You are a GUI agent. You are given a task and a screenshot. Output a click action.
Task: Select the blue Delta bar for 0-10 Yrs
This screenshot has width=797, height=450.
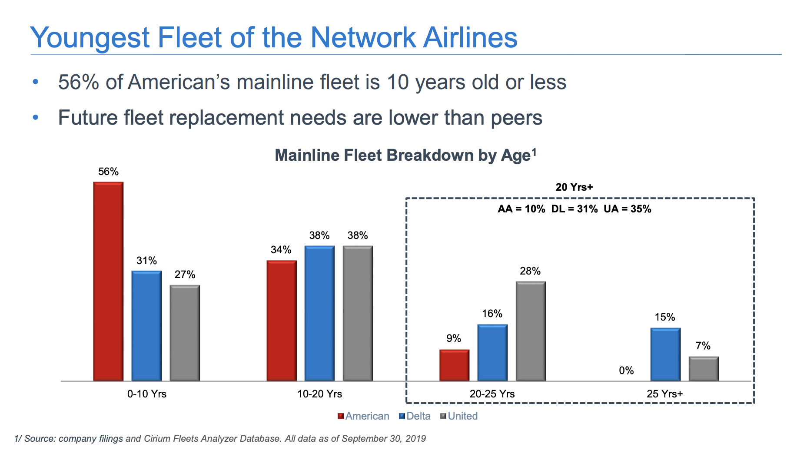[x=146, y=326]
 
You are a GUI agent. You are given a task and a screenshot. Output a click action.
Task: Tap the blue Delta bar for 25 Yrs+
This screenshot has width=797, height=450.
[x=665, y=354]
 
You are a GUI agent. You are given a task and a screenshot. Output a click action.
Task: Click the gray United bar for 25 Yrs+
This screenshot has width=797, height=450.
[x=704, y=369]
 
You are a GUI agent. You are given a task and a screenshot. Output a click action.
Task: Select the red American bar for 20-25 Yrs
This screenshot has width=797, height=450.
[x=454, y=365]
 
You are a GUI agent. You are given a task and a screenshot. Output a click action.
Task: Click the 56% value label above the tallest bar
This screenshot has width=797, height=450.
[x=108, y=172]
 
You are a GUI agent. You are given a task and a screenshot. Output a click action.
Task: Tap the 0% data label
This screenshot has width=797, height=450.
[x=626, y=371]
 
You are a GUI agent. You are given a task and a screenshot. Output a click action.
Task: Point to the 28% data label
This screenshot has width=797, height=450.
[x=530, y=271]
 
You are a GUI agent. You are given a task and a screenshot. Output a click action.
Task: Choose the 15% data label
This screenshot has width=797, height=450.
[x=665, y=317]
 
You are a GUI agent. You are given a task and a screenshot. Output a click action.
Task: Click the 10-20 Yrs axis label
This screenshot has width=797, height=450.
[x=319, y=394]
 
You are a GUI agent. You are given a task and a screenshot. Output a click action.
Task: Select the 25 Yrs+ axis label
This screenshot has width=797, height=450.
[x=664, y=394]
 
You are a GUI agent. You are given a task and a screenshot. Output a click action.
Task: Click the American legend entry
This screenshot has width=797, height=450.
[x=367, y=416]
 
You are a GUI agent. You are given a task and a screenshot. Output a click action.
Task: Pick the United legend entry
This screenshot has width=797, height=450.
[x=462, y=416]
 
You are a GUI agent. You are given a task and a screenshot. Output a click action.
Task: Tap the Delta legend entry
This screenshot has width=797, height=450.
[x=418, y=416]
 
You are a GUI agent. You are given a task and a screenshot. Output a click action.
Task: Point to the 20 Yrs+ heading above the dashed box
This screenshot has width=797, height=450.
[x=574, y=187]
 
